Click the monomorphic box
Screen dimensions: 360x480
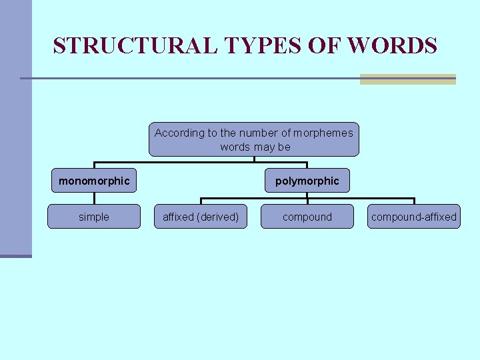pyautogui.click(x=94, y=181)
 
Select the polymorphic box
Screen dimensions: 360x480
pyautogui.click(x=307, y=181)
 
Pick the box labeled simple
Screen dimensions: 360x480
pyautogui.click(x=94, y=217)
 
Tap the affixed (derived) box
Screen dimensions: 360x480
pyautogui.click(x=201, y=217)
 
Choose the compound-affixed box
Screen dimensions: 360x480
pyautogui.click(x=414, y=217)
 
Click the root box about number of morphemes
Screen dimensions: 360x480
pyautogui.click(x=253, y=139)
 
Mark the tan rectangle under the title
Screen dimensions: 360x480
pyautogui.click(x=407, y=79)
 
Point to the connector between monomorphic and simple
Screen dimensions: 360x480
pyautogui.click(x=94, y=198)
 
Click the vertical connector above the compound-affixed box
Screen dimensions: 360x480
pyautogui.click(x=414, y=201)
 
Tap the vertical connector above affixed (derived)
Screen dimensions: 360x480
pyautogui.click(x=201, y=201)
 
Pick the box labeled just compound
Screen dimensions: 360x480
pyautogui.click(x=307, y=217)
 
